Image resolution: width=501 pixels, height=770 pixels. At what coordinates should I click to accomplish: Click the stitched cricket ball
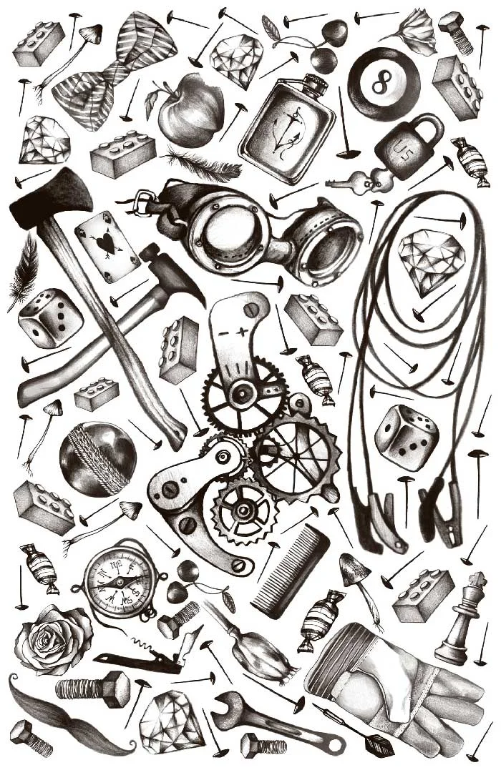click(97, 458)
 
